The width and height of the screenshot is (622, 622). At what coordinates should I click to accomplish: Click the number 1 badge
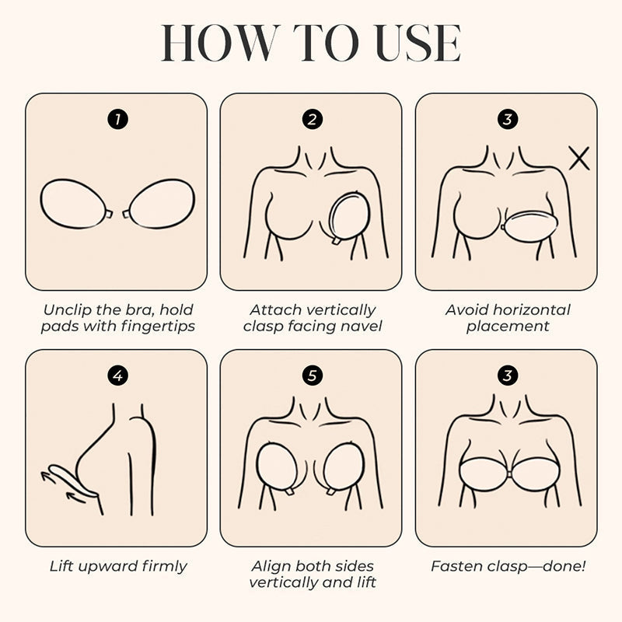(x=118, y=120)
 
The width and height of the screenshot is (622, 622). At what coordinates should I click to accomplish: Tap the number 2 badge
(x=313, y=120)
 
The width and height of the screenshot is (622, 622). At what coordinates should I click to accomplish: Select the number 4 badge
(x=118, y=376)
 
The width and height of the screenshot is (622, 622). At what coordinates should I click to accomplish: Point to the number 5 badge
(x=313, y=376)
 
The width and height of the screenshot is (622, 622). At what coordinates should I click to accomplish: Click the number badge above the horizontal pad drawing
(x=508, y=120)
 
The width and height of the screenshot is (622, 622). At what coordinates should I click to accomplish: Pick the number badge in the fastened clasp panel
(x=508, y=376)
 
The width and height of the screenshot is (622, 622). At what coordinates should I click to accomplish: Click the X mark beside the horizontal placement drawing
(x=579, y=158)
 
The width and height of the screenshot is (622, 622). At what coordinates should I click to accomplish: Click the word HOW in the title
(x=221, y=43)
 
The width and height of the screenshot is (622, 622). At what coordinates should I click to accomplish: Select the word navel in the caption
(x=360, y=326)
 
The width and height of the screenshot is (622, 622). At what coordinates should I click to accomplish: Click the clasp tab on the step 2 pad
(x=335, y=241)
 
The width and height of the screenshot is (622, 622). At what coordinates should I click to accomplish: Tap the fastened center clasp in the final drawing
(x=508, y=474)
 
